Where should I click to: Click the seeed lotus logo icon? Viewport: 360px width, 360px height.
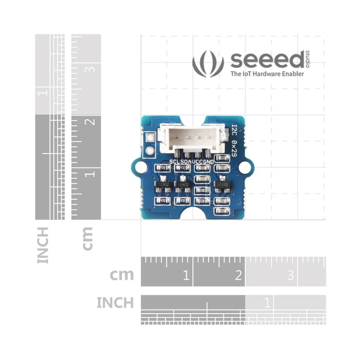tap(208, 64)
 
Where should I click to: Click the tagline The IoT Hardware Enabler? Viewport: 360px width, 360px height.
tap(267, 74)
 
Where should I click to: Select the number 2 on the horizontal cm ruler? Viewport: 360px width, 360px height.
tap(238, 275)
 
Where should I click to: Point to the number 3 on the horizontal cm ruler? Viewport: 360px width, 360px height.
tap(290, 275)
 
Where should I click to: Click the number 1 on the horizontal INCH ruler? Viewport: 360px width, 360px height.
tap(267, 302)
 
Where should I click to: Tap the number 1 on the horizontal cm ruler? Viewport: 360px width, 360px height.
tap(186, 275)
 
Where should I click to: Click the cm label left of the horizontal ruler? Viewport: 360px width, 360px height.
tap(122, 275)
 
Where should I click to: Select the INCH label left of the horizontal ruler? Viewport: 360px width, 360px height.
tap(115, 302)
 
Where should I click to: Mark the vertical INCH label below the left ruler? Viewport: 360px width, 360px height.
tap(43, 245)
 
